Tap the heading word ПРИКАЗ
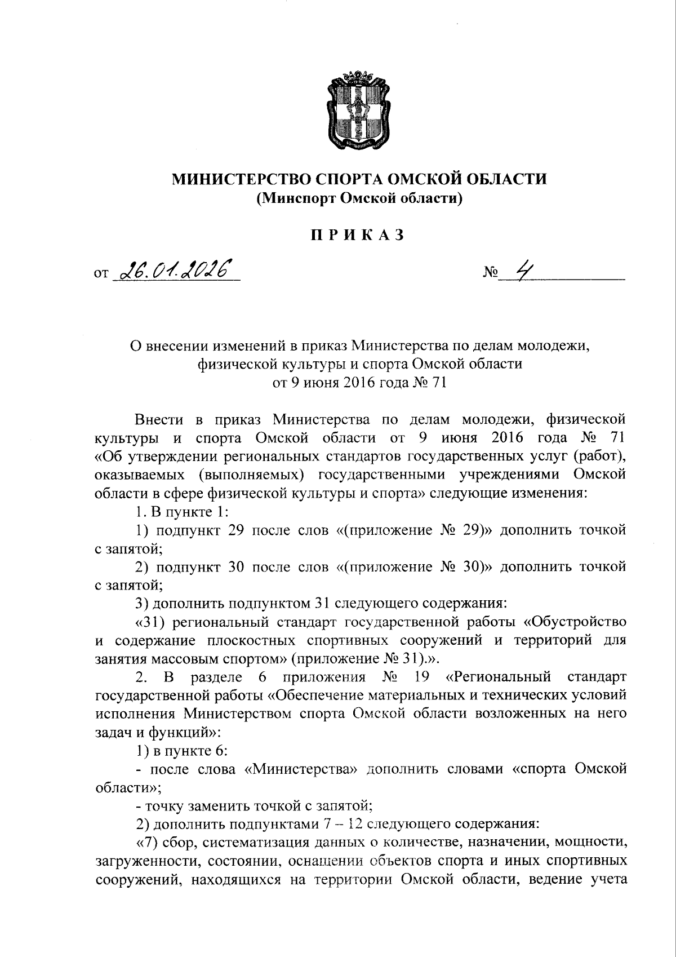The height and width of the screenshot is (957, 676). [359, 235]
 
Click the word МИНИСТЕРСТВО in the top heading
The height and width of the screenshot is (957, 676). [239, 179]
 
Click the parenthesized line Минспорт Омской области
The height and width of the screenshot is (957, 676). [359, 198]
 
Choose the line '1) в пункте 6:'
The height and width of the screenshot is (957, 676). [181, 751]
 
